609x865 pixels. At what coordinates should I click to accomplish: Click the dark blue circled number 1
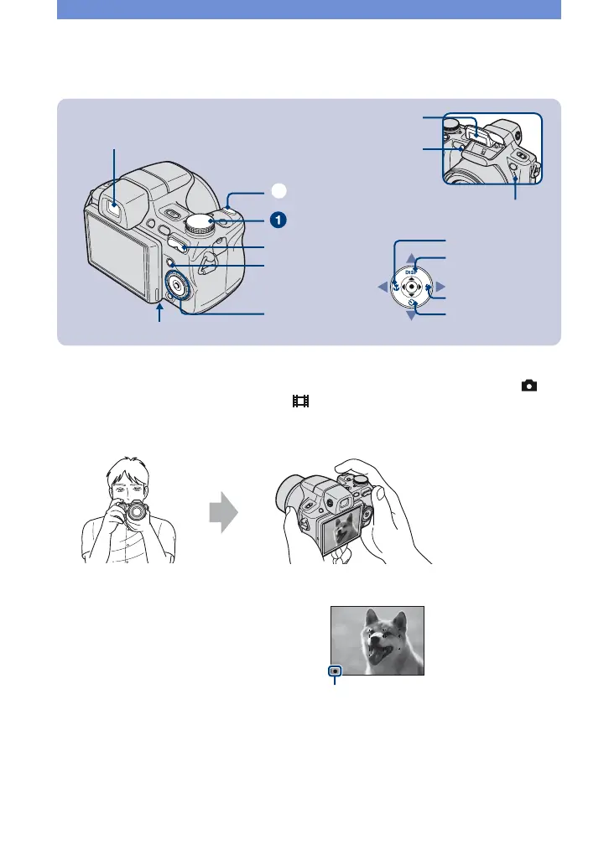(277, 220)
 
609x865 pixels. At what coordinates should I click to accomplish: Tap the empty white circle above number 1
(277, 192)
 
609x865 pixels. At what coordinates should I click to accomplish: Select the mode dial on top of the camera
(202, 222)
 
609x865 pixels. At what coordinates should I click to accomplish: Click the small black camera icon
(529, 386)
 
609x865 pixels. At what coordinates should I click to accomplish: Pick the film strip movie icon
(300, 402)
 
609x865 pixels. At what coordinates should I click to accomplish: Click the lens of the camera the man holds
(133, 512)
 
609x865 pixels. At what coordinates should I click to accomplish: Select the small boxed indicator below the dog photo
(335, 671)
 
